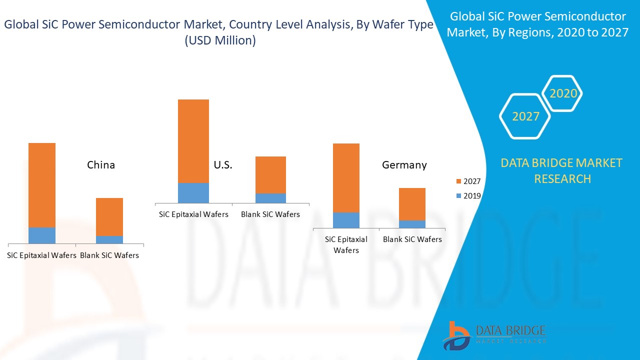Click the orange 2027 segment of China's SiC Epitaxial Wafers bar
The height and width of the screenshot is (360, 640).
pyautogui.click(x=42, y=185)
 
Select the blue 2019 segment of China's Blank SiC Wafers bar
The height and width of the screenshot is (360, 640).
pyautogui.click(x=109, y=239)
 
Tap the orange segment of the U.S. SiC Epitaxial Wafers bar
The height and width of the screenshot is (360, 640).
pyautogui.click(x=193, y=141)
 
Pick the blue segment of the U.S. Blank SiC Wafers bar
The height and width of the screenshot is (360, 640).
pyautogui.click(x=270, y=198)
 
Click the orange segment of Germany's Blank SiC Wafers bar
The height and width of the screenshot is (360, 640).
pyautogui.click(x=412, y=204)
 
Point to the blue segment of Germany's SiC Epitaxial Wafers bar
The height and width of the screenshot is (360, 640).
pyautogui.click(x=346, y=220)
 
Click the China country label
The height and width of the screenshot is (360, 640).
pyautogui.click(x=101, y=165)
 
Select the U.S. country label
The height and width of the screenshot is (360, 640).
pyautogui.click(x=223, y=165)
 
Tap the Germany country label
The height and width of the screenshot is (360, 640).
pyautogui.click(x=404, y=165)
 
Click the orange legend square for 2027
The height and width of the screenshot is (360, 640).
pyautogui.click(x=459, y=181)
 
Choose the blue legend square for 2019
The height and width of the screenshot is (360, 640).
pyautogui.click(x=459, y=196)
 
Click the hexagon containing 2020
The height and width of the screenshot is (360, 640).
pyautogui.click(x=563, y=93)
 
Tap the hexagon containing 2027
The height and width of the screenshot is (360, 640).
pyautogui.click(x=525, y=116)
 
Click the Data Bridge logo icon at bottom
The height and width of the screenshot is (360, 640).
pyautogui.click(x=455, y=335)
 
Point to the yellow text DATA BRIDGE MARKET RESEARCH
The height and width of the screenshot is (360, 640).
pyautogui.click(x=562, y=170)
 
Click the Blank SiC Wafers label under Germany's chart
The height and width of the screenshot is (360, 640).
pyautogui.click(x=412, y=239)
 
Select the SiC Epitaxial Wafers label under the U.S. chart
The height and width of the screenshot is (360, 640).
pyautogui.click(x=193, y=214)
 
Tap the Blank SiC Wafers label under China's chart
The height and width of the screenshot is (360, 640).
pyautogui.click(x=109, y=255)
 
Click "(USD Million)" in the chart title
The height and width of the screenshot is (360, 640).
pyautogui.click(x=220, y=41)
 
